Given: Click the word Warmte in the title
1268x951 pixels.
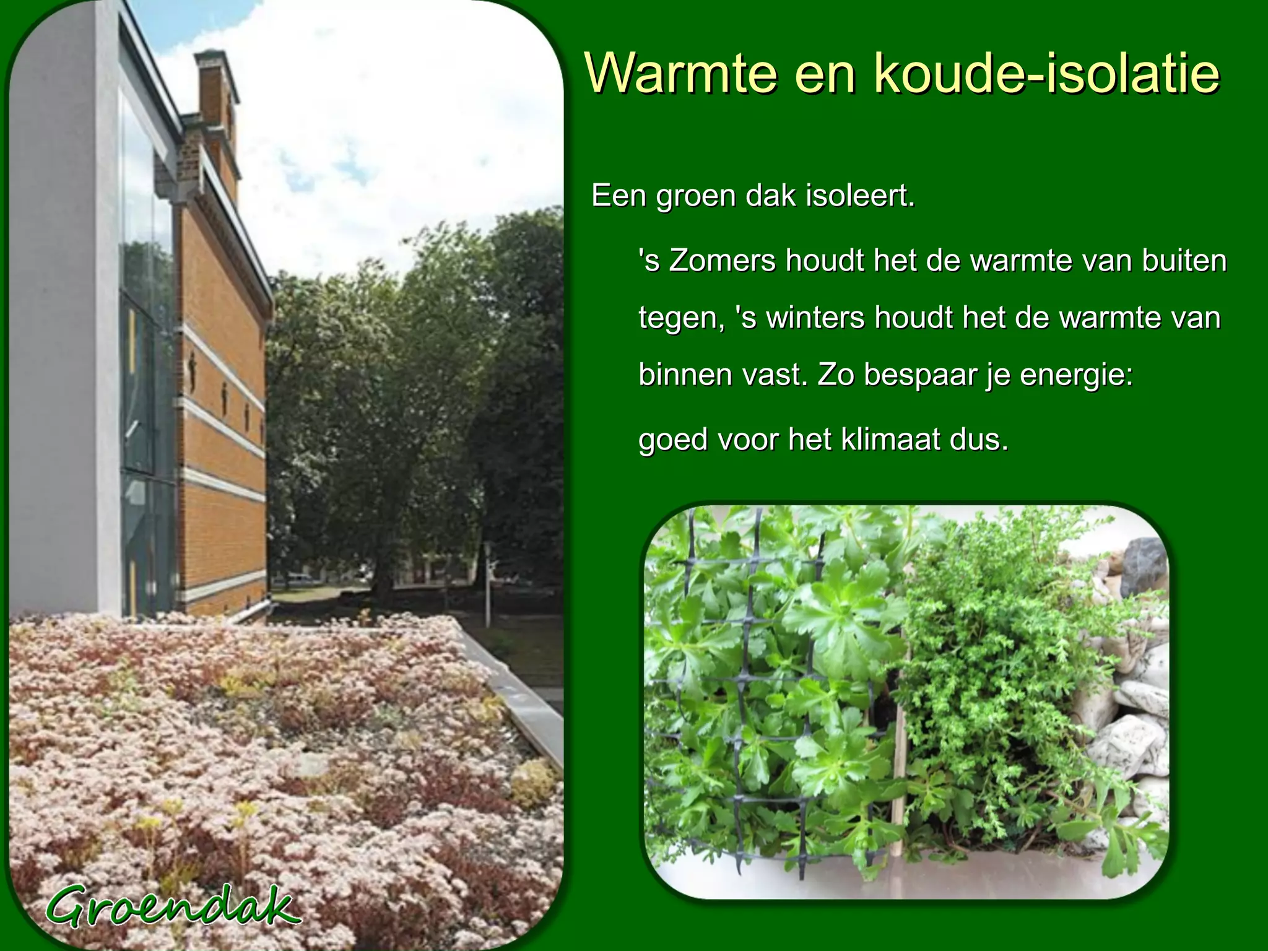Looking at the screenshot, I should click(x=680, y=74).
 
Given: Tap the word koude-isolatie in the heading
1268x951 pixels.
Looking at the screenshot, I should click(x=1046, y=74).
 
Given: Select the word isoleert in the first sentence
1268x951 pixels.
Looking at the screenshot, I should click(x=860, y=196).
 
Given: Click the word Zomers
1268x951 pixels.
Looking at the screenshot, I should click(x=722, y=261).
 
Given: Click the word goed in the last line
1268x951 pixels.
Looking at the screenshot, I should click(x=672, y=441).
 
